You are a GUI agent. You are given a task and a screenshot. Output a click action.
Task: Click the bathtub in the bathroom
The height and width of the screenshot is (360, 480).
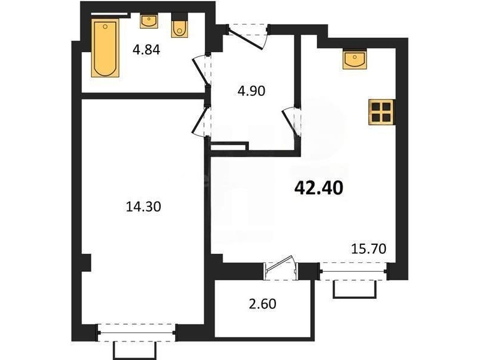tap(105, 48)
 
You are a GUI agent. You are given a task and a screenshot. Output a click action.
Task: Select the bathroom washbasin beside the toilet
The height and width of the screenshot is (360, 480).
tap(149, 22)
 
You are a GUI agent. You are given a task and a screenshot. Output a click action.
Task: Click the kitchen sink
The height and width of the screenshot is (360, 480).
tap(355, 58)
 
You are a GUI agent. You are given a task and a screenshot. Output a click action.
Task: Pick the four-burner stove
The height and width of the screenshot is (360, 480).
tap(381, 112)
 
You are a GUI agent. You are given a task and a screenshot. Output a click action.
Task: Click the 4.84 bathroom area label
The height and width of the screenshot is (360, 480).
tap(146, 50)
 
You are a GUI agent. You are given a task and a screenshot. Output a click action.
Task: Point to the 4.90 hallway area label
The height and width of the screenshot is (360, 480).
tap(251, 91)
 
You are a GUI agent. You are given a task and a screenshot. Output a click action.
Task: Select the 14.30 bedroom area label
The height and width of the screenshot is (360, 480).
tap(143, 207)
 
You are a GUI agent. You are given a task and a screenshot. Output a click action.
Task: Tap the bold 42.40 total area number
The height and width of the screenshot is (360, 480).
tap(319, 188)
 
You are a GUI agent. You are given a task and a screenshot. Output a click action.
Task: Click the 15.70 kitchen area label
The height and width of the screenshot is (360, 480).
tap(368, 249)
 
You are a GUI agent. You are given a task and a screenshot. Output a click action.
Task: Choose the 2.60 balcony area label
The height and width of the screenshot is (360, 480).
tap(262, 304)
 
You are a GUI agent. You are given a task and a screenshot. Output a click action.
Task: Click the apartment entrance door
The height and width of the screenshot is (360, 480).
tap(248, 37)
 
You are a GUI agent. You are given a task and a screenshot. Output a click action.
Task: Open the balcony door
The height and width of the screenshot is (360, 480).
tap(280, 268)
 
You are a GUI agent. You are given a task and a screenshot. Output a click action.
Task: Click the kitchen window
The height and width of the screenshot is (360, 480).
tap(353, 271)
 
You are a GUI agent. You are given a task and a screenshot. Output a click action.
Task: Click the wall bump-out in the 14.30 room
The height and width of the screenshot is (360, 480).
tap(86, 263)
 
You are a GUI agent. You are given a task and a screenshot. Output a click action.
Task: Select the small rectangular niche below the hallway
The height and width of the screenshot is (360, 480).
tap(229, 146)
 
